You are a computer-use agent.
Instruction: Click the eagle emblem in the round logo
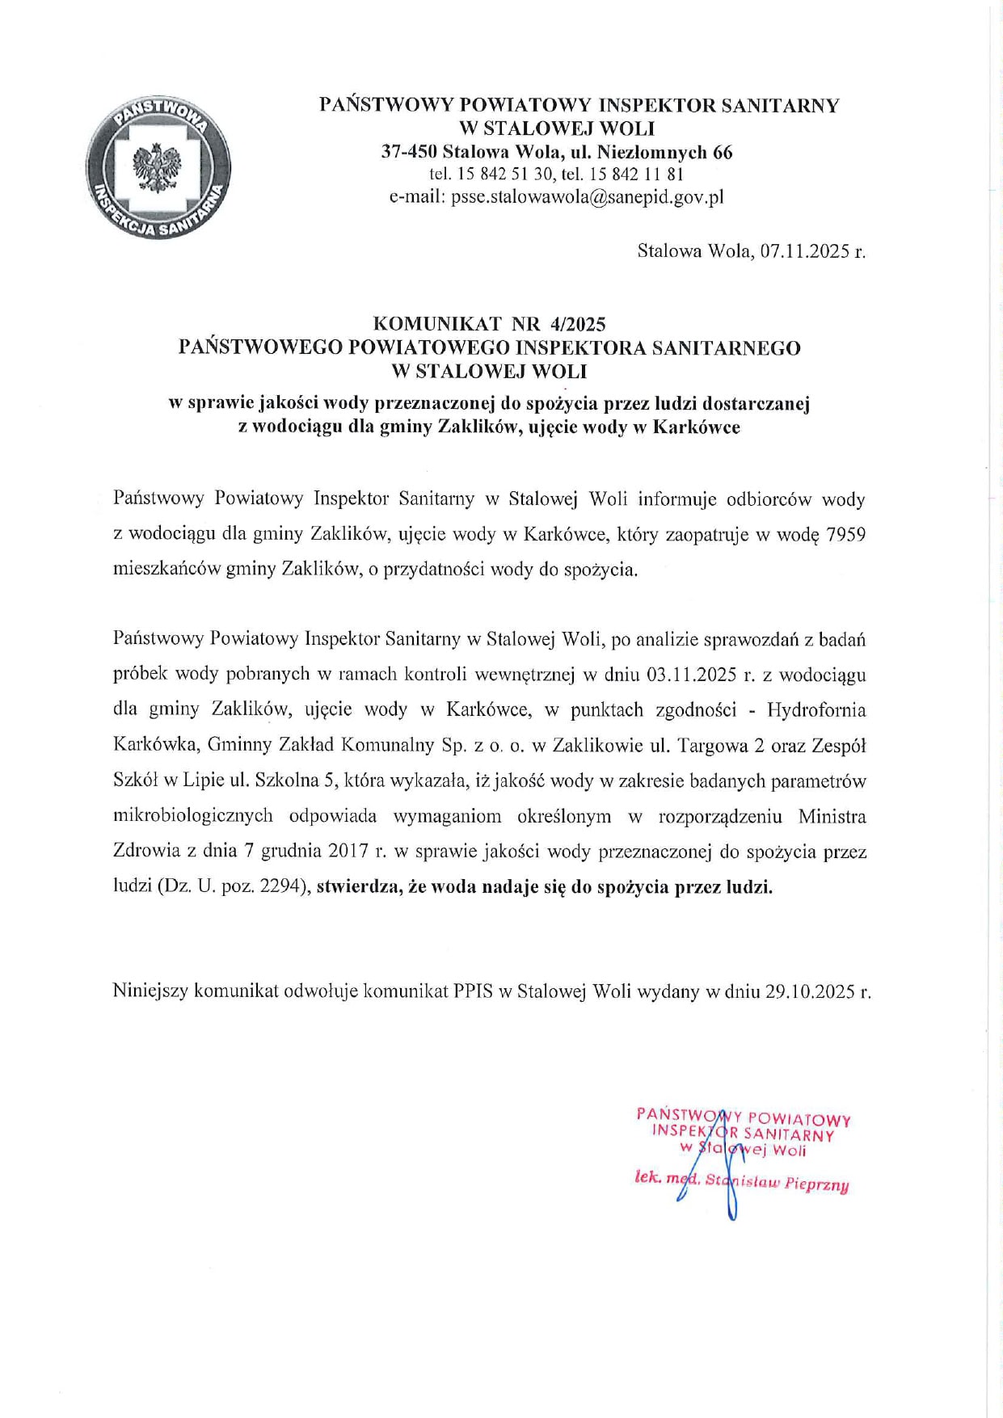158,167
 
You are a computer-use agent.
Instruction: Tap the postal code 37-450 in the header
409,151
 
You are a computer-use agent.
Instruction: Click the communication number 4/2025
577,324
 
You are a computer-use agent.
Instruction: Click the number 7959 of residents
846,534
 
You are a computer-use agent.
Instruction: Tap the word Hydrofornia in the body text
816,709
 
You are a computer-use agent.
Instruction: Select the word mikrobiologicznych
193,815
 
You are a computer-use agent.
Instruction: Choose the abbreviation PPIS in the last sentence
473,991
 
